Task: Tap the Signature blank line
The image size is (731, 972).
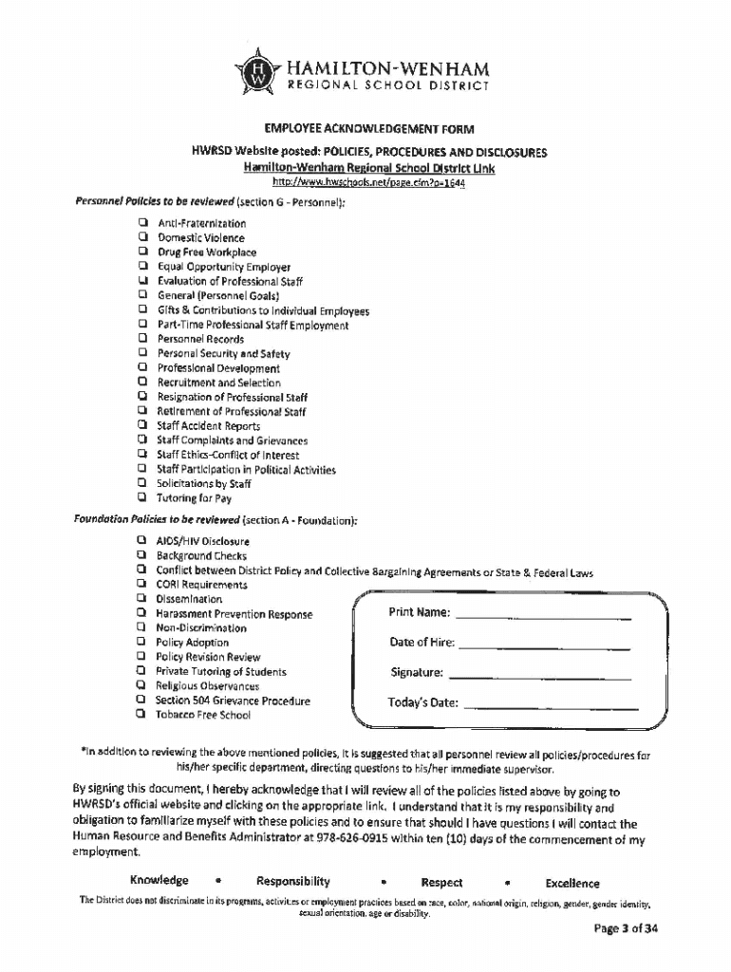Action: click(539, 676)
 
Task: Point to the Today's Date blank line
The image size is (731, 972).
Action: click(547, 706)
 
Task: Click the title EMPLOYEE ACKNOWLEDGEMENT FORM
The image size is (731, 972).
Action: click(368, 129)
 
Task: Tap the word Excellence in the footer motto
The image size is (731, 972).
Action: click(572, 883)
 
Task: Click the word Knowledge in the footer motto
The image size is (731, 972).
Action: click(159, 881)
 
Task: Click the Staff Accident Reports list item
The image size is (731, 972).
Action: click(208, 426)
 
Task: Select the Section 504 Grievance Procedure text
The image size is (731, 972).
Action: click(233, 701)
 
